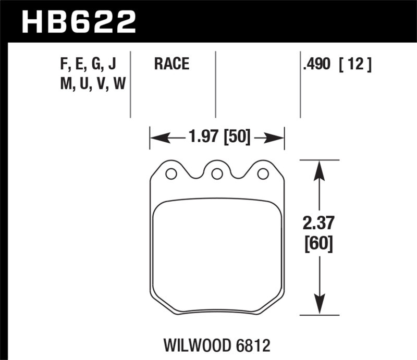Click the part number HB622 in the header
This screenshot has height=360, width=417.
pyautogui.click(x=78, y=22)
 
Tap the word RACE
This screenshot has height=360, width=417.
pyautogui.click(x=171, y=65)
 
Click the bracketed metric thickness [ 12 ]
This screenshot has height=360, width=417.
pyautogui.click(x=354, y=65)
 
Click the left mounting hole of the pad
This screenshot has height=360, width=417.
pyautogui.click(x=170, y=174)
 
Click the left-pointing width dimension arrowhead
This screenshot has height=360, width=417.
pyautogui.click(x=159, y=138)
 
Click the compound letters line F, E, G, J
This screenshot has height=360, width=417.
pyautogui.click(x=88, y=65)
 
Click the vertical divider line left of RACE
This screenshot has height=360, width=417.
pyautogui.click(x=130, y=83)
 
